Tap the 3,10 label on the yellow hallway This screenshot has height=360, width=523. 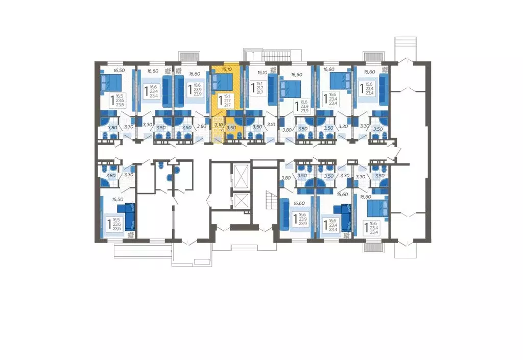pos(218,124)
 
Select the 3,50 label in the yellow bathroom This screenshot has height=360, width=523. pos(231,127)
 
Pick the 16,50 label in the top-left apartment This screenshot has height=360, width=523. pos(119,70)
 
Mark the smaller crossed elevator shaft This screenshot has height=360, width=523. pos(239,201)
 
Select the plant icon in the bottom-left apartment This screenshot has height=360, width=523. pos(131,235)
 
